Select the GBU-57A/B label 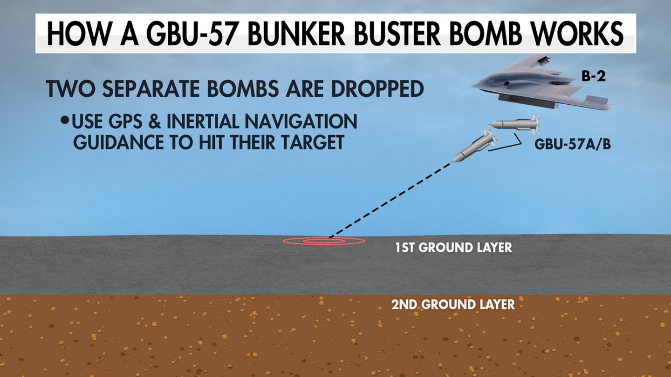pos(572,144)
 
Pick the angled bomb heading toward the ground pos(475,146)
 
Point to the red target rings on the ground pos(324,241)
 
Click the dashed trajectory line pos(390,200)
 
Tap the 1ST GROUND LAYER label pos(453,248)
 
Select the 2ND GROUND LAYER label pos(452,304)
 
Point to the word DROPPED pos(377,88)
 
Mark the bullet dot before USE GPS pos(64,120)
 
